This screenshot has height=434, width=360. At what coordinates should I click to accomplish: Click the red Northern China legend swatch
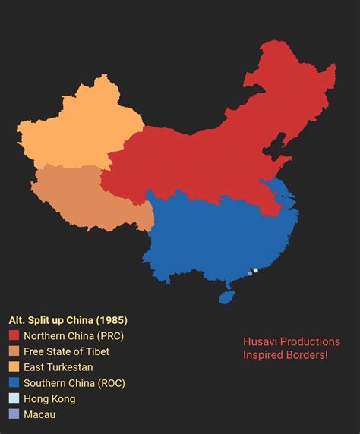[x=14, y=335]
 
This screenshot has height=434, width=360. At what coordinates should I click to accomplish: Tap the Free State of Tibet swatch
[x=14, y=351]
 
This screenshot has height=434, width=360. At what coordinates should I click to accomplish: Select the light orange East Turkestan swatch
[x=14, y=367]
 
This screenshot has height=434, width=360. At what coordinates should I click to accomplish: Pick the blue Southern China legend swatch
[x=14, y=383]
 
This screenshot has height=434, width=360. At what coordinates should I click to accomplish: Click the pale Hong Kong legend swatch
[x=14, y=399]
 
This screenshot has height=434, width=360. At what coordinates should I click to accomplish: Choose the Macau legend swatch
[x=14, y=414]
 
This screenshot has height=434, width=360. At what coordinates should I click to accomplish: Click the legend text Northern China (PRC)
[x=74, y=335]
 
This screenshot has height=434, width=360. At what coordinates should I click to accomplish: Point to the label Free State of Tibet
[x=67, y=351]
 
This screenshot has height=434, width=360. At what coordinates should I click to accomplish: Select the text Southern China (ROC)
[x=74, y=383]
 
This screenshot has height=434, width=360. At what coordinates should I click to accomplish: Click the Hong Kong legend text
[x=49, y=399]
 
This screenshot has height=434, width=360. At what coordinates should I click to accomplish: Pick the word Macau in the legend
[x=39, y=414]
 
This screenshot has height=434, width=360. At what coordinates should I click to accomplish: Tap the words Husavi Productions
[x=292, y=341]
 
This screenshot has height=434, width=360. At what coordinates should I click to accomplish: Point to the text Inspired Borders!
[x=286, y=355]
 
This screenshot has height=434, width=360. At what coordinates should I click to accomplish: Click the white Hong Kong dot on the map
[x=256, y=270]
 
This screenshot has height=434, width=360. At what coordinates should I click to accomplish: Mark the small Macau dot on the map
[x=250, y=273]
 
